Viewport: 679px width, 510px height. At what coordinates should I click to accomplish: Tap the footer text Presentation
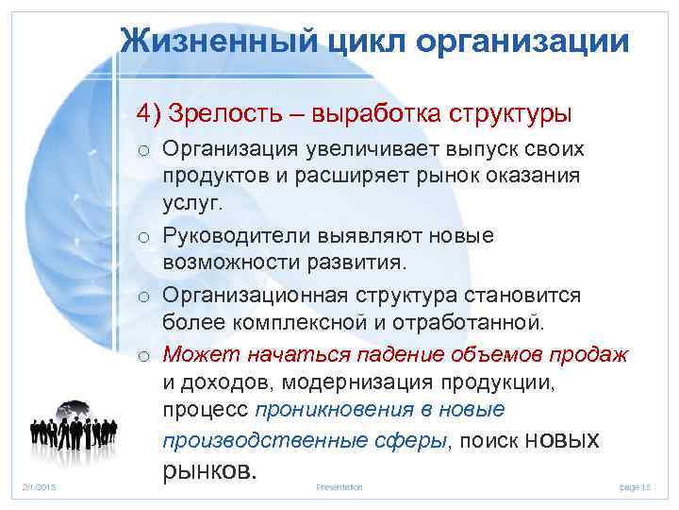339,486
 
